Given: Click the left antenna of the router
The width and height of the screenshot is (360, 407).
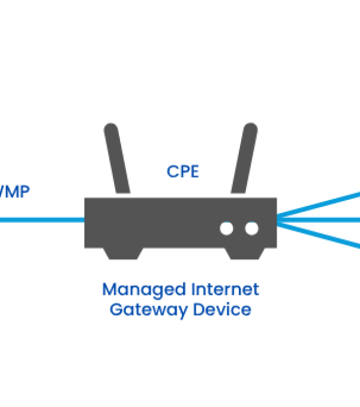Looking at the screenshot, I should [x=118, y=158].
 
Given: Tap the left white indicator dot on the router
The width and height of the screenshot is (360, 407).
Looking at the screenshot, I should [x=226, y=229].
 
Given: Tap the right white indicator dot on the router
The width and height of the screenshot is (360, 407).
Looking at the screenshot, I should [x=251, y=229].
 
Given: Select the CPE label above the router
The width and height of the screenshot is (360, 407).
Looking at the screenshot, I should [x=182, y=172].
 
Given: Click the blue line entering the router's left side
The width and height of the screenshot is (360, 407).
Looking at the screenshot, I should [x=42, y=220].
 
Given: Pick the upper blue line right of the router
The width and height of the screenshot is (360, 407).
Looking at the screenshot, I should [x=318, y=205].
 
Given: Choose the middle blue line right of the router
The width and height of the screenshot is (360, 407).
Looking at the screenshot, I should [x=318, y=220].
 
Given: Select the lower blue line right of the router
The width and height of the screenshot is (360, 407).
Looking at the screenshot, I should [x=318, y=235].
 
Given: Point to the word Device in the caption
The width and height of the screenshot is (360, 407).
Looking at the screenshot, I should [x=226, y=310].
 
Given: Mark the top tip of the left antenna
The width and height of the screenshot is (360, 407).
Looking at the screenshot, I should [x=110, y=127].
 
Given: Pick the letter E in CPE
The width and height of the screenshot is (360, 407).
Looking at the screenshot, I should [x=193, y=172].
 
